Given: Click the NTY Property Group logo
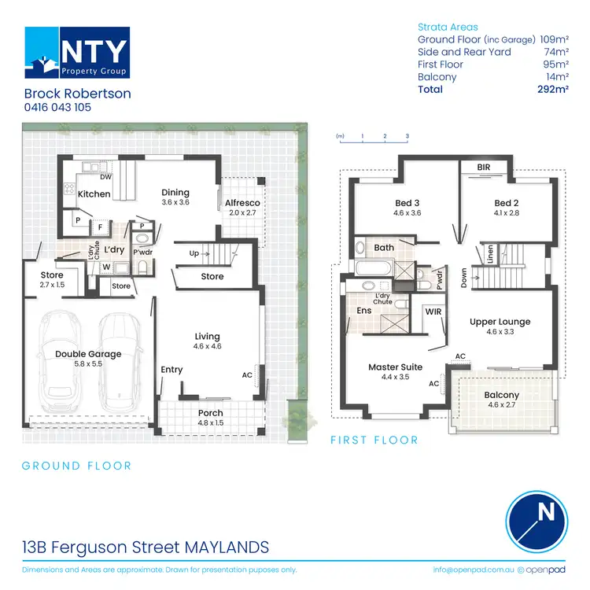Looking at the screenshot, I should coord(76,53).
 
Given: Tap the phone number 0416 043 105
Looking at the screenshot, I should coord(59,107).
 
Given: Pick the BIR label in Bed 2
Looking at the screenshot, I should coord(485,167).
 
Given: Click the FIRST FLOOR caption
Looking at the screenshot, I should coord(374,440).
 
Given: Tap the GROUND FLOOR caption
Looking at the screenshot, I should coord(76,466).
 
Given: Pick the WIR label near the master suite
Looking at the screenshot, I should coord(433,312).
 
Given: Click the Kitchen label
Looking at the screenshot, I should coord(94,194).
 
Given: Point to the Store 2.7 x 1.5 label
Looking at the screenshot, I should coord(51,279).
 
